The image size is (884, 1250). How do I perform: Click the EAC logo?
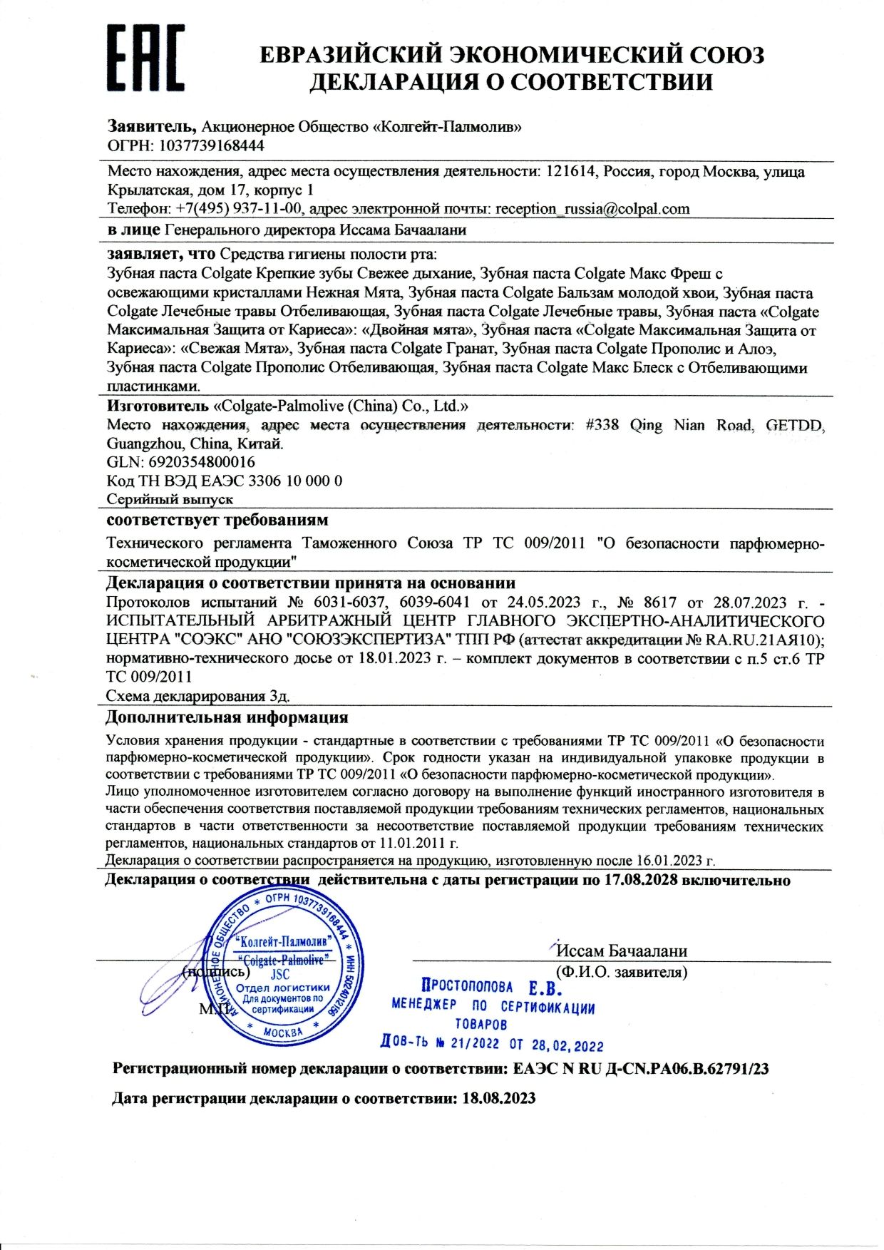pos(145,58)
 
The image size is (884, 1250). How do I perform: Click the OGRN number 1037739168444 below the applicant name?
pos(211,145)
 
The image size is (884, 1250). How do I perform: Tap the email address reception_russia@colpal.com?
pos(592,208)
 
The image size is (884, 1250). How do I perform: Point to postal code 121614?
pos(570,171)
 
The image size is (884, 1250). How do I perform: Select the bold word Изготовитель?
pos(158,406)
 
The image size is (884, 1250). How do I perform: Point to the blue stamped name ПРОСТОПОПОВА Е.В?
pos(491,988)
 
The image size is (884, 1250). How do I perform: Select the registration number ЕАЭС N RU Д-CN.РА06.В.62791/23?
pos(641,1069)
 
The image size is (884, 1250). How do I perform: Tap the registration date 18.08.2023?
pos(498,1098)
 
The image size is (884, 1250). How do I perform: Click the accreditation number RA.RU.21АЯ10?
pos(764,640)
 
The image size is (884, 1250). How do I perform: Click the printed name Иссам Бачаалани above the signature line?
pos(621,951)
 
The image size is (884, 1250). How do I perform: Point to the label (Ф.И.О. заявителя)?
pos(621,971)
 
